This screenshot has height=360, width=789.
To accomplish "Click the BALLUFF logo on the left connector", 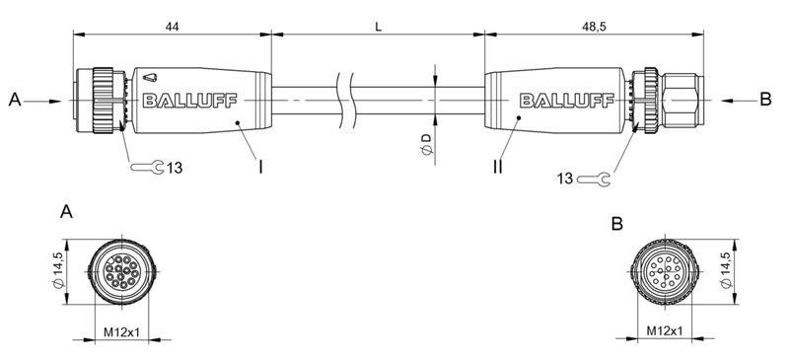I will tap(182, 100).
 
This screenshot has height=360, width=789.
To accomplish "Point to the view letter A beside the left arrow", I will tap(14, 100).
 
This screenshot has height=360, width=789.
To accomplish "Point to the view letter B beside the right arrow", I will tap(764, 100).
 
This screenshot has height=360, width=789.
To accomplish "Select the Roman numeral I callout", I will tap(259, 168).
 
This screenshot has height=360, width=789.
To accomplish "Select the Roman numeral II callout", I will tap(498, 168).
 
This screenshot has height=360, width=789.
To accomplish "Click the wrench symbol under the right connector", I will tap(593, 179).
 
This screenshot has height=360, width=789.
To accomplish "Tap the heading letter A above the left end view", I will tap(66, 212).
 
